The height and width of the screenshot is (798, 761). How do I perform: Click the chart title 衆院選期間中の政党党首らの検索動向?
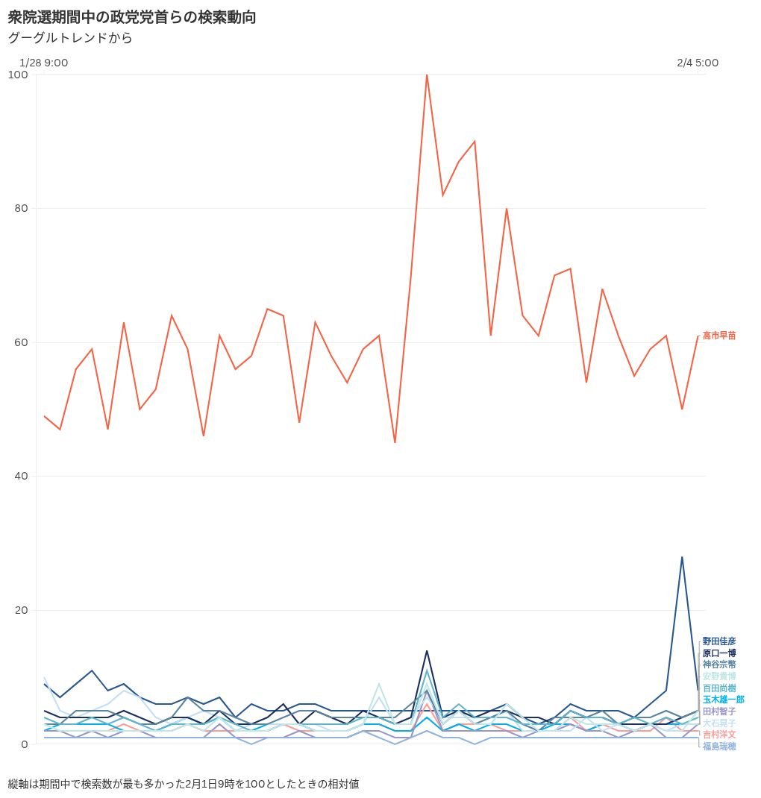[x=132, y=17]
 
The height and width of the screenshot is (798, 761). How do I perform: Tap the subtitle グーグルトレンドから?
[x=70, y=37]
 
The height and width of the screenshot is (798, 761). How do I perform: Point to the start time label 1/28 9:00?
[x=43, y=63]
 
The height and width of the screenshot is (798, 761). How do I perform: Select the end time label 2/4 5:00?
[x=698, y=63]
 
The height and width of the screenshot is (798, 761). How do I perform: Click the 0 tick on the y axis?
[x=24, y=744]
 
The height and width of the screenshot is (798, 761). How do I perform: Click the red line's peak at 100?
[x=427, y=75]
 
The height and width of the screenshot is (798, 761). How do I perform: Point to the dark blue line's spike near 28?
[x=682, y=557]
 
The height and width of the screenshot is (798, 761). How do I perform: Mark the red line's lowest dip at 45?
[x=395, y=442]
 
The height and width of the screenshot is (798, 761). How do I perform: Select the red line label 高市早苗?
[x=719, y=336]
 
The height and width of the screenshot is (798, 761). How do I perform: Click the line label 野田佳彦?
[x=719, y=641]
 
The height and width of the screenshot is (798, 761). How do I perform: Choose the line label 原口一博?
[x=719, y=653]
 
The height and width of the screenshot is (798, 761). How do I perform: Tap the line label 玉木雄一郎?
[x=723, y=700]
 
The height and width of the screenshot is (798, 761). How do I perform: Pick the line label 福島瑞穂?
[x=719, y=746]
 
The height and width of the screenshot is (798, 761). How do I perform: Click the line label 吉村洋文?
[x=719, y=735]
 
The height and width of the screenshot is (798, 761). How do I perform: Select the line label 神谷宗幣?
[x=719, y=665]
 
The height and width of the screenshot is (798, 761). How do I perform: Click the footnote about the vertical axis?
[x=184, y=784]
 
